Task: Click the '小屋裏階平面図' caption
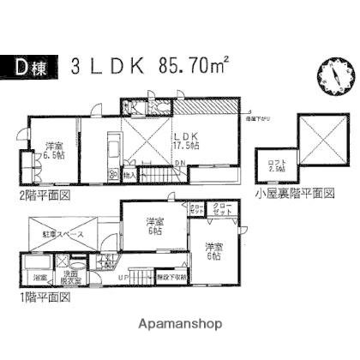[x=294, y=195]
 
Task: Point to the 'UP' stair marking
[x=123, y=279]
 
